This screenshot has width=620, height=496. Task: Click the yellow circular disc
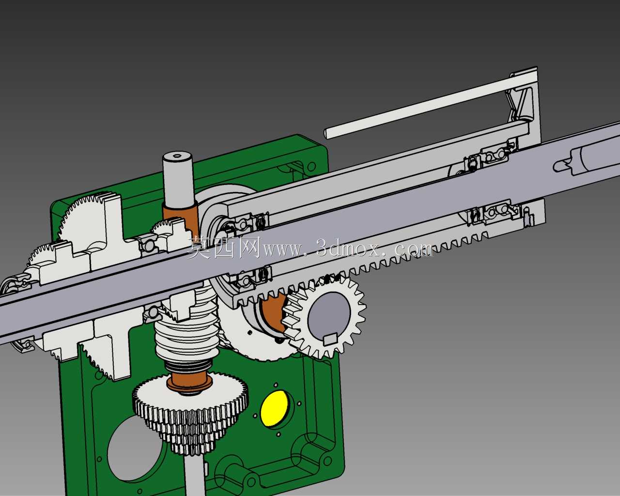tap(274, 409)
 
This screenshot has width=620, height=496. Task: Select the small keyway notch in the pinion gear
tap(331, 339)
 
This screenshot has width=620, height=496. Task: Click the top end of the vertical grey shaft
tap(177, 157)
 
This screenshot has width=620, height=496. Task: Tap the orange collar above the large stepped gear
tap(189, 382)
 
